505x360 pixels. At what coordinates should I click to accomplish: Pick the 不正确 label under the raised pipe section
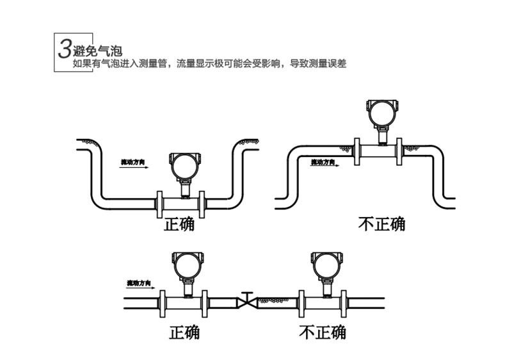tap(381, 224)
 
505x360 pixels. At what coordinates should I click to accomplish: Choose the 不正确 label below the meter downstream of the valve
tap(323, 332)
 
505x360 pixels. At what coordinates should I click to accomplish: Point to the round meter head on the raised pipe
tap(381, 113)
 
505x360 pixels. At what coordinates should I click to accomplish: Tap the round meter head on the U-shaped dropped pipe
tap(185, 166)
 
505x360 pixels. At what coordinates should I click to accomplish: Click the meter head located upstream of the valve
tap(188, 265)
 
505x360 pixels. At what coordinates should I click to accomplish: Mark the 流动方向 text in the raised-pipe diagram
tap(323, 162)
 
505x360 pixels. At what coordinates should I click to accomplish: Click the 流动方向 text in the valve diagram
tap(139, 282)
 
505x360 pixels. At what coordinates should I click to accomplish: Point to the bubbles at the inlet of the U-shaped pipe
tap(89, 142)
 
